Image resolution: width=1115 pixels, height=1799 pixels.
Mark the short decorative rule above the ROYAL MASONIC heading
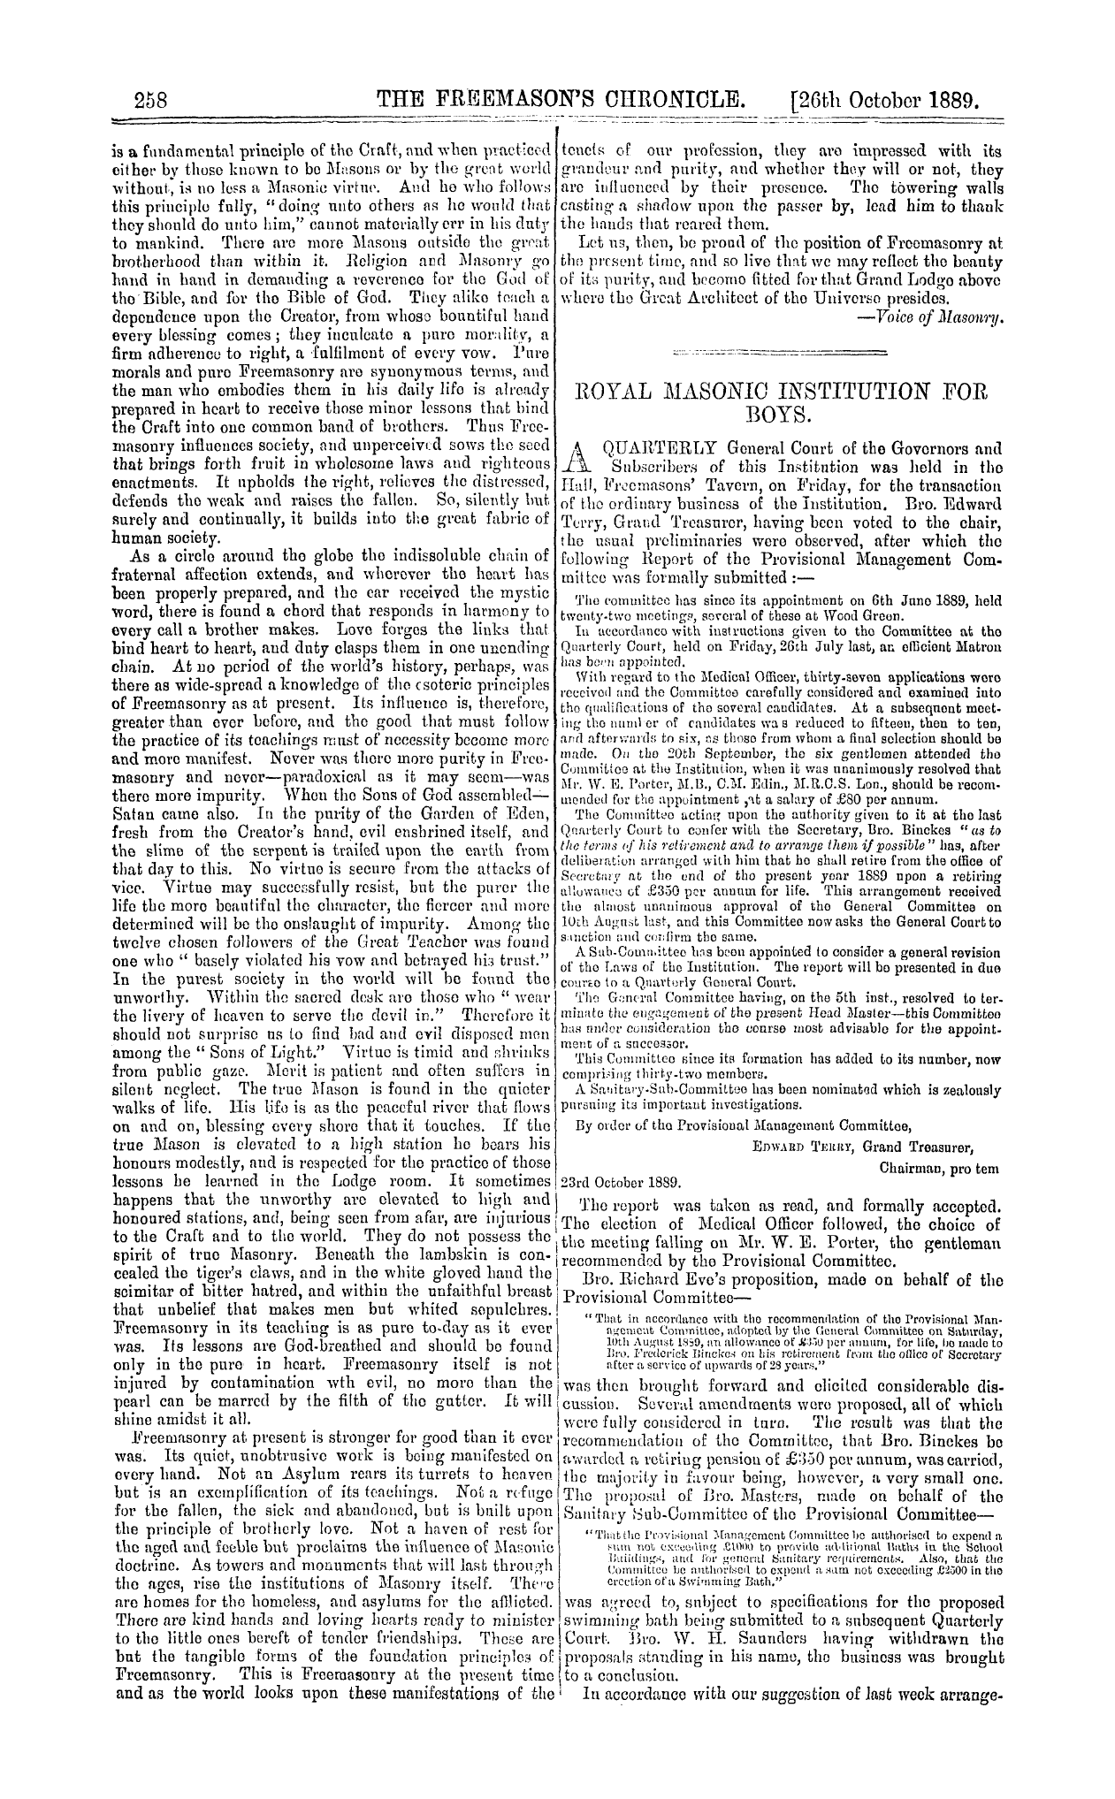point(780,354)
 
